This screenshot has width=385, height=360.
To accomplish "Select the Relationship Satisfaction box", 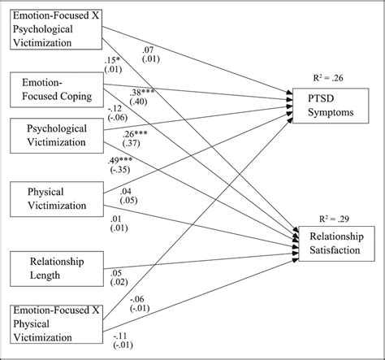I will point(333,242).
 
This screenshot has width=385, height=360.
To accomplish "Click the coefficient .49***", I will point(120,160).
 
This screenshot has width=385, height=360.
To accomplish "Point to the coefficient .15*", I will point(113,61).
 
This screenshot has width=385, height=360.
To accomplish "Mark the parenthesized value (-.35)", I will point(119,170).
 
